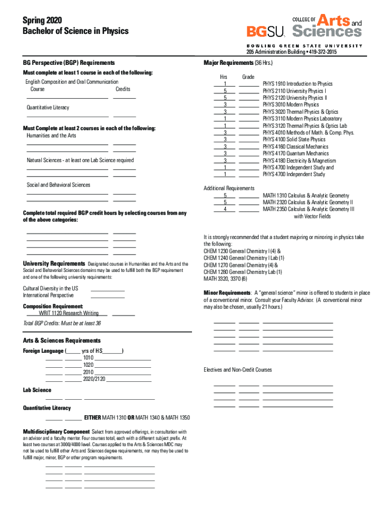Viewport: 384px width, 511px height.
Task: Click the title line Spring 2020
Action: pyautogui.click(x=42, y=20)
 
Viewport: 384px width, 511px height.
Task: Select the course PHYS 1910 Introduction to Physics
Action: pyautogui.click(x=297, y=84)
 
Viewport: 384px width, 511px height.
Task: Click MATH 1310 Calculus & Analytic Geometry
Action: pyautogui.click(x=306, y=196)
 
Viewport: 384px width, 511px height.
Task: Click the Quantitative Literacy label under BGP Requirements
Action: pyautogui.click(x=48, y=107)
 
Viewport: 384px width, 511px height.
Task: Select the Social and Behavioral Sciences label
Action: pyautogui.click(x=58, y=185)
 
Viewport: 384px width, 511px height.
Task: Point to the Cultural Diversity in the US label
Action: pyautogui.click(x=50, y=288)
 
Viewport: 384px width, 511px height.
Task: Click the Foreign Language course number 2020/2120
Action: pyautogui.click(x=94, y=379)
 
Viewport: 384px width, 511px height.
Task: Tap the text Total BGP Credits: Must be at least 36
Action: pyautogui.click(x=62, y=323)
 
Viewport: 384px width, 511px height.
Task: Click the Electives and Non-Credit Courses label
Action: pyautogui.click(x=237, y=370)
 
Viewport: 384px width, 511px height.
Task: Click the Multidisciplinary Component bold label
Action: pyautogui.click(x=56, y=432)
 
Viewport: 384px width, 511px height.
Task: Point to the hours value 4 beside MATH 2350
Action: pyautogui.click(x=225, y=210)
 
